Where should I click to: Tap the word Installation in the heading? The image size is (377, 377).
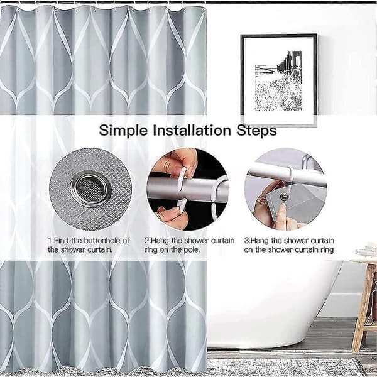coord(192,130)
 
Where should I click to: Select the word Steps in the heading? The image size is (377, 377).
coord(256,131)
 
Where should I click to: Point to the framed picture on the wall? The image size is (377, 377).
coord(279,80)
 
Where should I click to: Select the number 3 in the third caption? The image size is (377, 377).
coord(246,241)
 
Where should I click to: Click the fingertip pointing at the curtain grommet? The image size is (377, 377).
coord(281,207)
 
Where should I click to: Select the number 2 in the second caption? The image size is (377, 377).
coord(146,241)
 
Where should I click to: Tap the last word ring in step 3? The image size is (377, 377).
coord(327,250)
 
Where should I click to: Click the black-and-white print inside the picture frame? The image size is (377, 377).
coord(278,81)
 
